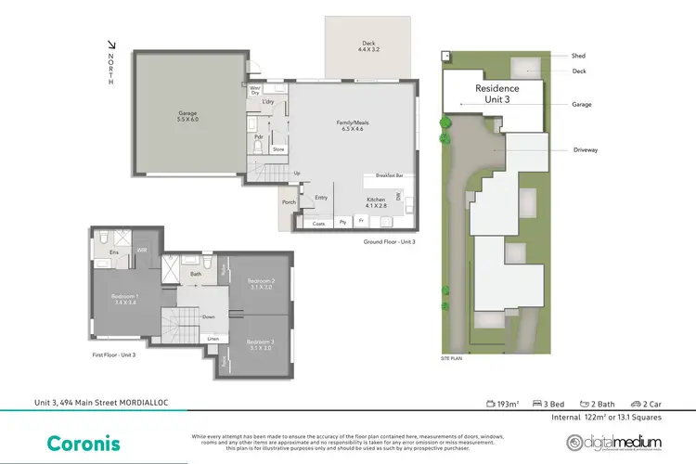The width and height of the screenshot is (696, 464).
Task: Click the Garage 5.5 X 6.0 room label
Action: [188, 118]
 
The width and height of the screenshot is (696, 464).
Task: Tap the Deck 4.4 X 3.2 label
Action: [368, 46]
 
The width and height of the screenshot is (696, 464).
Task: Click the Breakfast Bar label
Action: [389, 175]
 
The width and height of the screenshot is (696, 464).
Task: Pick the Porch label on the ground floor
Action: [289, 202]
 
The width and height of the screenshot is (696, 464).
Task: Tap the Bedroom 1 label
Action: [124, 299]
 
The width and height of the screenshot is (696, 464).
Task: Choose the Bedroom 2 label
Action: [262, 284]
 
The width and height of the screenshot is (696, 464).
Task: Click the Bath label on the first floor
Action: [196, 274]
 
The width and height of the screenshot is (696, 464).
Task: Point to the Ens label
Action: [114, 251]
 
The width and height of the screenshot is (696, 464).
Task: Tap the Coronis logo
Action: [81, 442]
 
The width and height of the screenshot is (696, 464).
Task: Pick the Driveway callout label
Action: [586, 147]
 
